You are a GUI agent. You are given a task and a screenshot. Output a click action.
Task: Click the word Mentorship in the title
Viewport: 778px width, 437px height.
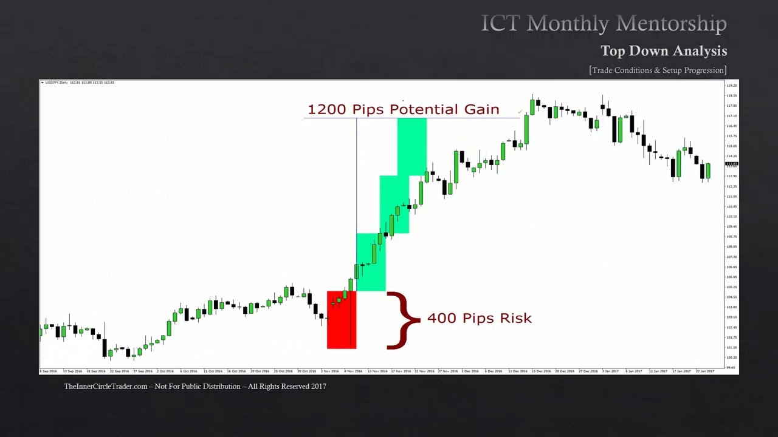coord(672,24)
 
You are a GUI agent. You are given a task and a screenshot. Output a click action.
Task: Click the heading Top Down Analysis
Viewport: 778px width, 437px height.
coord(664,50)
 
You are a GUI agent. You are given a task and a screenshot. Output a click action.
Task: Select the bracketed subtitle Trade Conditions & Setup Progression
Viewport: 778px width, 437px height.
coord(658,70)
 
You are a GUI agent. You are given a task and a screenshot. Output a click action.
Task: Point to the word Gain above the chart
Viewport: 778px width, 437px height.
coord(480,109)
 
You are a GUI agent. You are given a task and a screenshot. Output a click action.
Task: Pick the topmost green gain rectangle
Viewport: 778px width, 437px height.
coord(411,146)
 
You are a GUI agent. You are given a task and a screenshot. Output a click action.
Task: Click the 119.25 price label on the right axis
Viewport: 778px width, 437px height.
coord(731,86)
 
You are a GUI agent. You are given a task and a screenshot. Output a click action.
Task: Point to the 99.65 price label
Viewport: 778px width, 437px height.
coord(731,367)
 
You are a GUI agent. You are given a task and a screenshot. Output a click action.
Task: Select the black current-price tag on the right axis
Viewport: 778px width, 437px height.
coord(731,164)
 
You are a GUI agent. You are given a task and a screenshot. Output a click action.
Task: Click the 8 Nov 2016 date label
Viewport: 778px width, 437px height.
coord(354,371)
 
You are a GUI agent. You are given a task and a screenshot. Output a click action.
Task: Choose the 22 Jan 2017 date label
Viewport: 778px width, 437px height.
coord(705,371)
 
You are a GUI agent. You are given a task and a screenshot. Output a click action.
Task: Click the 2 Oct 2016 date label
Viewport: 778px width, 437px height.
coord(165,371)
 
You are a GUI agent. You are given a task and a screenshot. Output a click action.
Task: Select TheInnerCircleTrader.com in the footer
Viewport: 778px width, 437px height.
coord(106,387)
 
